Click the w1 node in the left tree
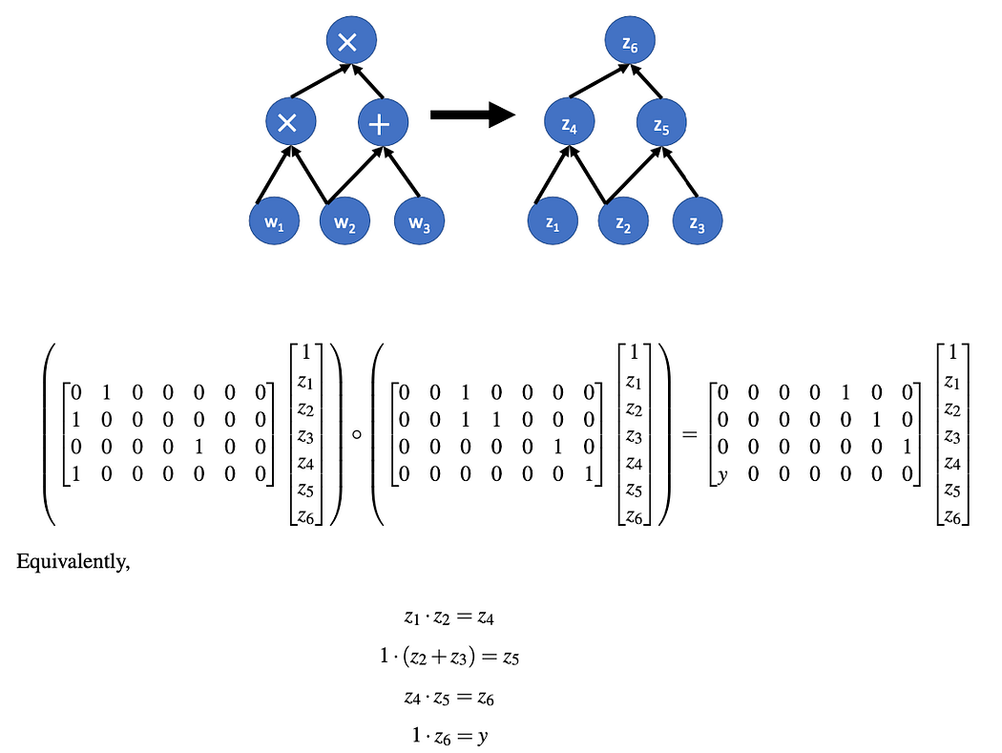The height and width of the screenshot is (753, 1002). (274, 221)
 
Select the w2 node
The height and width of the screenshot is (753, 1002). (345, 221)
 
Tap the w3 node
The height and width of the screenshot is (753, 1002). (419, 221)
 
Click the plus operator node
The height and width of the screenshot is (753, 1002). (383, 122)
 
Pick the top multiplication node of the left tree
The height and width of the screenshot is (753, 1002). (351, 40)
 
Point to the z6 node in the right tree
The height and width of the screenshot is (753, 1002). (630, 40)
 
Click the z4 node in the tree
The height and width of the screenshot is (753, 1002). (570, 122)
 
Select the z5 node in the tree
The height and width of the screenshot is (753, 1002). (661, 122)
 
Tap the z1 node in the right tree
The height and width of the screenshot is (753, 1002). (553, 221)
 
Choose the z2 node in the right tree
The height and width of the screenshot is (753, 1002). (624, 221)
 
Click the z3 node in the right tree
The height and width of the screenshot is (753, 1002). (698, 221)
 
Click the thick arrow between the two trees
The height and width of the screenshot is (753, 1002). (473, 115)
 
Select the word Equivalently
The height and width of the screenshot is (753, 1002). (73, 562)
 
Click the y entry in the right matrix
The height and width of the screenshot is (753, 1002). (722, 475)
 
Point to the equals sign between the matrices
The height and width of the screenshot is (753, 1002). (689, 435)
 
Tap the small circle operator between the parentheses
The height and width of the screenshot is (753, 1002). (357, 434)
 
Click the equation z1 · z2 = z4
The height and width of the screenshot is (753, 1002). (449, 617)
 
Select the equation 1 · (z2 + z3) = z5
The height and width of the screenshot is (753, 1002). (449, 657)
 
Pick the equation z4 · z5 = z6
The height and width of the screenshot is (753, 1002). (449, 698)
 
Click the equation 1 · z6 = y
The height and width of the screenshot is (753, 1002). (449, 737)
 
